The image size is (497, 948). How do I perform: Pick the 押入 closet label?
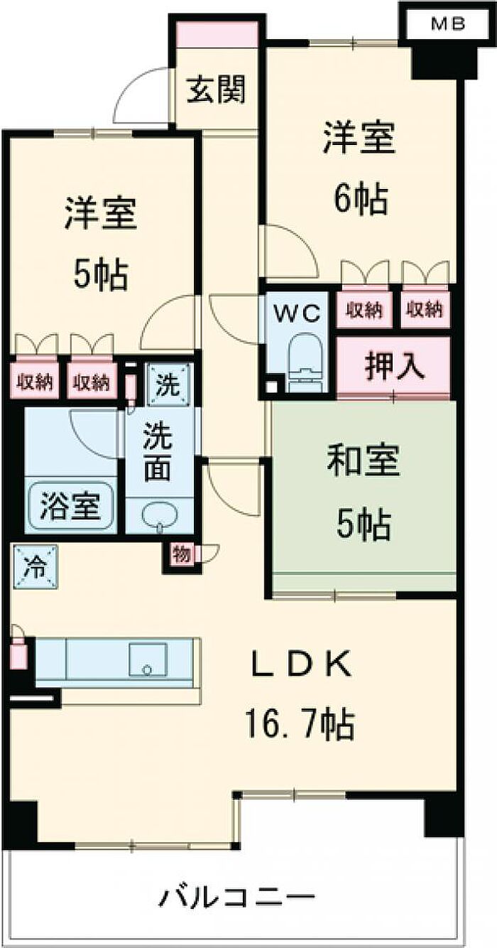click(395, 367)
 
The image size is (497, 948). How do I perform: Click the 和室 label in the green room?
click(364, 462)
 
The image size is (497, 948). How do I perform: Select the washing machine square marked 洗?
click(170, 385)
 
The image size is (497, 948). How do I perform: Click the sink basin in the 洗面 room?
click(160, 515)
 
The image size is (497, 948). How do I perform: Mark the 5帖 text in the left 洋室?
click(101, 274)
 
